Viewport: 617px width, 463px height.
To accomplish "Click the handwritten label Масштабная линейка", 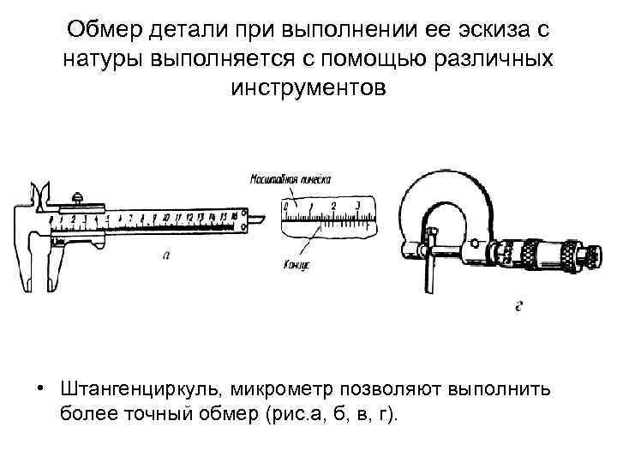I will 290,180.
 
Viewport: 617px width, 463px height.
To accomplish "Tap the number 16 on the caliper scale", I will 233,217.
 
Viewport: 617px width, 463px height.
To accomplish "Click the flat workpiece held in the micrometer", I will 433,274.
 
